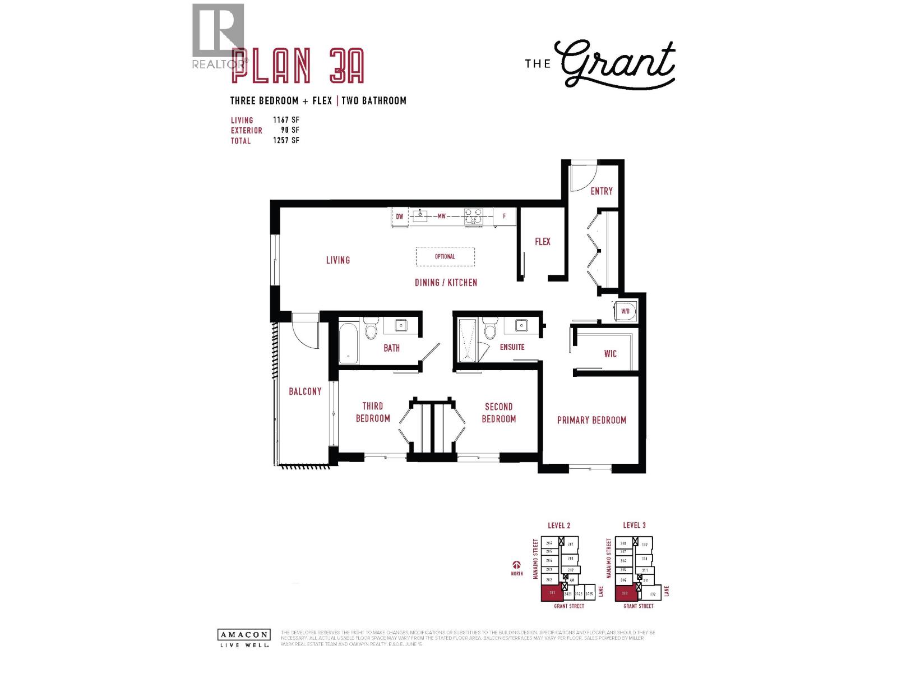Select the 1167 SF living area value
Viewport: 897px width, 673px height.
[286, 120]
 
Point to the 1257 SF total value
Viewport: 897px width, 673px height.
[286, 140]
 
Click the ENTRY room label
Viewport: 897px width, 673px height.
[602, 191]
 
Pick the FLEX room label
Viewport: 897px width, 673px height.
[542, 242]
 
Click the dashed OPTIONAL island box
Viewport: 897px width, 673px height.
[445, 257]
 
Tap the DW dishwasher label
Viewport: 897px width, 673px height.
[400, 216]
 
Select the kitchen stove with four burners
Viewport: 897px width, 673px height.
[473, 216]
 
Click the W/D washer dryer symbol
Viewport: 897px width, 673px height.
[625, 311]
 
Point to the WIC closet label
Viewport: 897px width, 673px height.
[610, 354]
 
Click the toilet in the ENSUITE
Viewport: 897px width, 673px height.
[490, 329]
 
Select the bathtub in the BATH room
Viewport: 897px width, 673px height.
[348, 343]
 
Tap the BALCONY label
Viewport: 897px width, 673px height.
[305, 391]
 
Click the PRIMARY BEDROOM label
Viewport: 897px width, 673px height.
[591, 420]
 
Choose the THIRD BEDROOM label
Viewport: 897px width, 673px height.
[372, 412]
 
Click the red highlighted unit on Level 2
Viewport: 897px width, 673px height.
[552, 593]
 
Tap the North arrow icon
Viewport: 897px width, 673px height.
[516, 565]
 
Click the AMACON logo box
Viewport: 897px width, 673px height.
[243, 635]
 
